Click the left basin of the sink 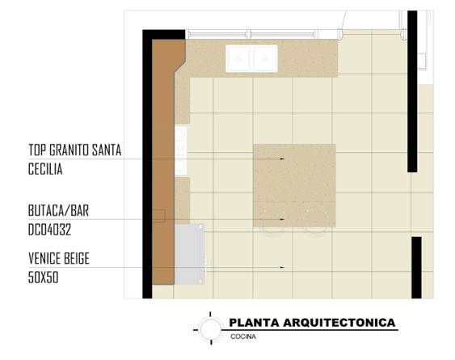point(238,58)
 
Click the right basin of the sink point(264,58)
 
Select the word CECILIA point(45,169)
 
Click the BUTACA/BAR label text point(58,210)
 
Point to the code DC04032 point(49,230)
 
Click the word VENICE point(45,258)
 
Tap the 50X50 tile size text point(43,277)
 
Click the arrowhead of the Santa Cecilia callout point(282,159)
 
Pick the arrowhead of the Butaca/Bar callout point(282,219)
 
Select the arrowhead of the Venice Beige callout point(282,267)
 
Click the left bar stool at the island point(272,221)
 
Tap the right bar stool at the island point(316,221)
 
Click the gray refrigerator point(189,254)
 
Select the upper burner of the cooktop point(179,135)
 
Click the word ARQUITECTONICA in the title point(339,323)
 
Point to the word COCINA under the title point(243,337)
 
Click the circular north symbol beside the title point(210,328)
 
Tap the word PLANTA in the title point(255,323)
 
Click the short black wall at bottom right point(416,268)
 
